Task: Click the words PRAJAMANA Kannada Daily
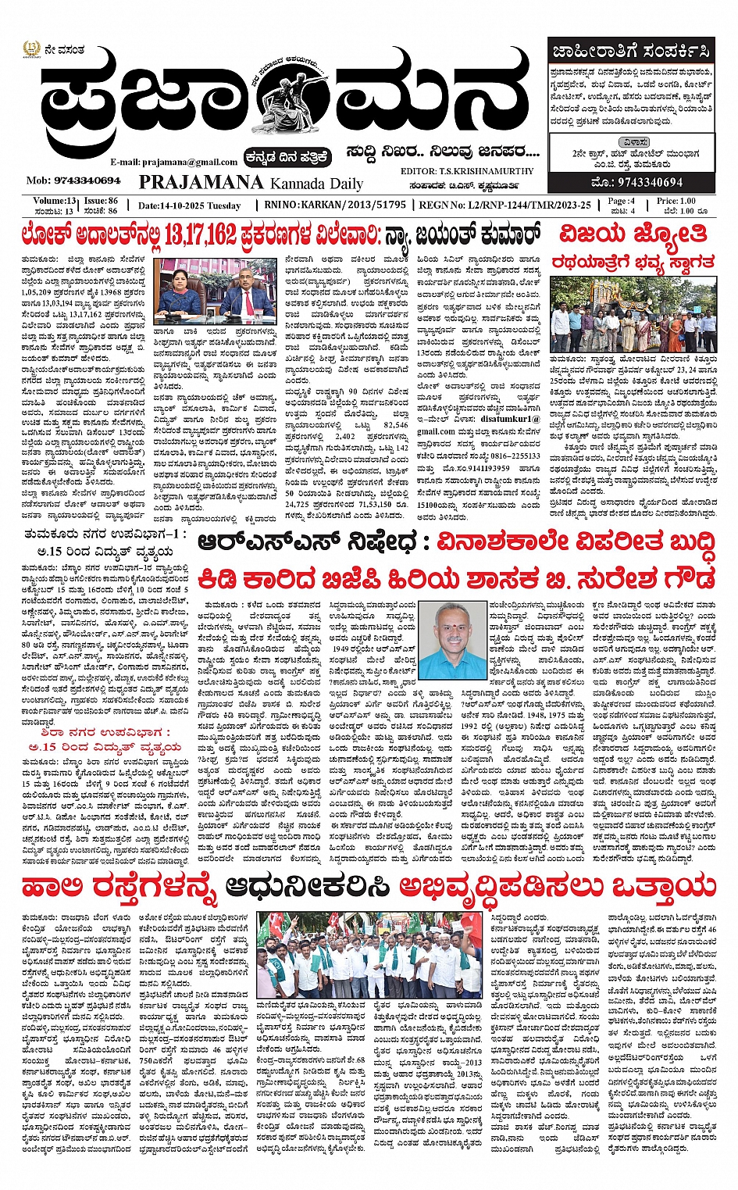tap(251, 183)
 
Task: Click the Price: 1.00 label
tap(676, 201)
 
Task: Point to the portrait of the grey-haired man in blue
tap(451, 641)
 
